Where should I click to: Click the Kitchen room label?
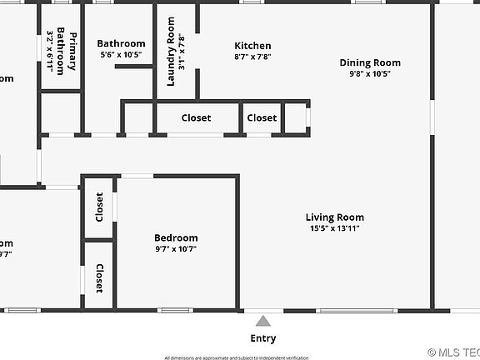click(252, 46)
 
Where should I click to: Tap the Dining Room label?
click(370, 62)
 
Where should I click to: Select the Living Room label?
click(334, 217)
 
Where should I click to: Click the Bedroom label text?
click(176, 237)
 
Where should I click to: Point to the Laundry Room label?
click(171, 51)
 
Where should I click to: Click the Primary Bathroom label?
click(66, 52)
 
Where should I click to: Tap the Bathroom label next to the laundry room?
click(121, 43)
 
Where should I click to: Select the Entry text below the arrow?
click(263, 338)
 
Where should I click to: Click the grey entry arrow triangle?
click(263, 321)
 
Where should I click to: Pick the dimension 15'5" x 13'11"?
click(334, 228)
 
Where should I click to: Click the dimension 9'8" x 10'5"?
click(370, 73)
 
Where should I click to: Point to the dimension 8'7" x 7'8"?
click(252, 57)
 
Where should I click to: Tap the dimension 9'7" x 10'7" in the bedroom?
click(176, 248)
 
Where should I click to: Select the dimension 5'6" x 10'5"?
click(121, 54)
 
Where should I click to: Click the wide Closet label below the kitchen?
click(196, 117)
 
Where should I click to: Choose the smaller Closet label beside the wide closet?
click(262, 117)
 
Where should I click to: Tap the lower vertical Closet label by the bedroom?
click(99, 277)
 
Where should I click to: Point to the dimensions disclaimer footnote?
click(236, 357)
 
